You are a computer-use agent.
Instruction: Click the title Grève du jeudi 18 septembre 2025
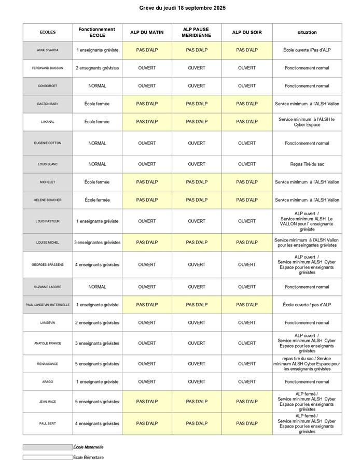(182, 8)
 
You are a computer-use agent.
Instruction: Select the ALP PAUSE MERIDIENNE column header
(197, 32)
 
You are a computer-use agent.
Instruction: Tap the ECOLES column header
(48, 32)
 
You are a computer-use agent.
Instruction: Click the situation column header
(307, 32)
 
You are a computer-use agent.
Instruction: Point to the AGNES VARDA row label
(48, 50)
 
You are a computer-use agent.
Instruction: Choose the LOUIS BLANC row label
(48, 164)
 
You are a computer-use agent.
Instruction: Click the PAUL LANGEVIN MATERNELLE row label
(48, 305)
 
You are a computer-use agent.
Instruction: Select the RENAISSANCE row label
(48, 364)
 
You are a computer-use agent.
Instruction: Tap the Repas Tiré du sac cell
(307, 164)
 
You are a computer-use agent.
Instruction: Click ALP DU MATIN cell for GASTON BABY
(147, 104)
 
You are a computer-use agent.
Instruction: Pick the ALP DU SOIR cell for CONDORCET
(247, 86)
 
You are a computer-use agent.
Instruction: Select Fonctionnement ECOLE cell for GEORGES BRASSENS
(98, 264)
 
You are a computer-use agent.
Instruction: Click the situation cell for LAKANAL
(307, 122)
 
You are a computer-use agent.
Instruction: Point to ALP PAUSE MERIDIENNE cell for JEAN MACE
(197, 402)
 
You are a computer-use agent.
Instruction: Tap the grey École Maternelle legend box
(48, 447)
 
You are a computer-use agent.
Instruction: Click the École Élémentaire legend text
(89, 457)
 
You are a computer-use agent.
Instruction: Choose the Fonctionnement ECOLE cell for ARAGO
(98, 382)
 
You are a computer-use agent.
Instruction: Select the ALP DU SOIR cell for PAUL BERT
(247, 423)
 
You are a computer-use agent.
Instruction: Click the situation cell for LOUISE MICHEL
(307, 243)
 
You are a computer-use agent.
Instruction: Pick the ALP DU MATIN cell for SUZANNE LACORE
(147, 287)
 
